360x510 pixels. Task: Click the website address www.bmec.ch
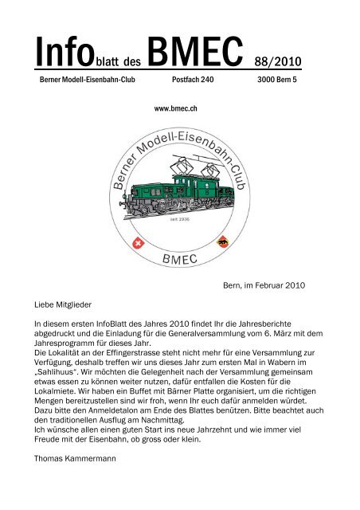(x=179, y=104)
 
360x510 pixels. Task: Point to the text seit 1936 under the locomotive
(x=180, y=218)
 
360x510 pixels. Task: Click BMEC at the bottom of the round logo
(x=179, y=260)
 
